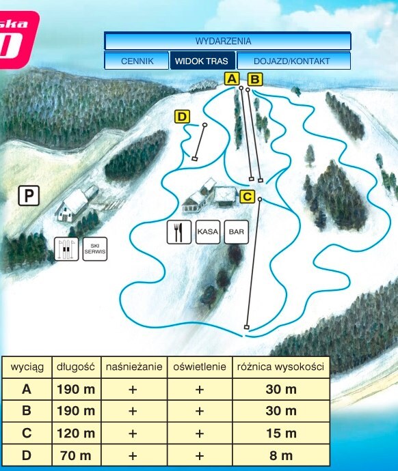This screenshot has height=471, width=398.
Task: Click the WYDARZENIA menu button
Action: click(x=228, y=42)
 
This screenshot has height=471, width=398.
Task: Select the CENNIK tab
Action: click(x=136, y=61)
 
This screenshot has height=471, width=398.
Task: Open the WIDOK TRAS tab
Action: click(x=202, y=61)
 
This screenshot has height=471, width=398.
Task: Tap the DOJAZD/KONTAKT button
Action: click(x=292, y=61)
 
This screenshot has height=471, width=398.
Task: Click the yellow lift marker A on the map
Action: click(x=232, y=80)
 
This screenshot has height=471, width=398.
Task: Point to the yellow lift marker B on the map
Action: click(x=254, y=80)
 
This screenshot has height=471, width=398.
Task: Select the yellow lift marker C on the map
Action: click(x=248, y=197)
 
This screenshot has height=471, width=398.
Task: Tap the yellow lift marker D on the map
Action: click(x=182, y=117)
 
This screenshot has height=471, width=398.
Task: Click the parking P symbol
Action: click(x=29, y=197)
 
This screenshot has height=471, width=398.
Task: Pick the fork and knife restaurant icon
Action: click(x=178, y=232)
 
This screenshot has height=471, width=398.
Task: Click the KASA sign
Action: click(x=208, y=232)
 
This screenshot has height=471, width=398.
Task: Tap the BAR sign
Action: click(x=237, y=232)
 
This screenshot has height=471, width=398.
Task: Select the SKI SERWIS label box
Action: click(x=95, y=248)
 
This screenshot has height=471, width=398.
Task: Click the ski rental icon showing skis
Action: click(x=64, y=248)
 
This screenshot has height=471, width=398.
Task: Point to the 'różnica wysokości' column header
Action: click(x=280, y=367)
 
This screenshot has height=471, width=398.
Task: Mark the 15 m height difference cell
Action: click(x=280, y=433)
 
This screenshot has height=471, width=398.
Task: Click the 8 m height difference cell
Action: click(x=280, y=455)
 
